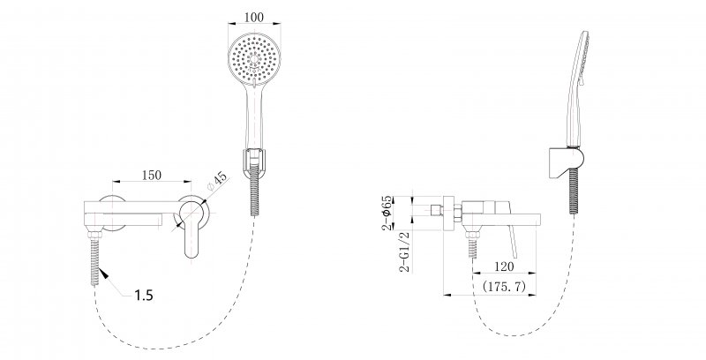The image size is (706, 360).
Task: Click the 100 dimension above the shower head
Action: click(254, 18)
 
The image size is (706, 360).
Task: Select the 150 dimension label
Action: click(151, 175)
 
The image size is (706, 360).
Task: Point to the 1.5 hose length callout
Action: click(144, 296)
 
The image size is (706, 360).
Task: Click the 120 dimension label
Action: click(504, 266)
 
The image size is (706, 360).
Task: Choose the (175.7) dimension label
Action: click(504, 286)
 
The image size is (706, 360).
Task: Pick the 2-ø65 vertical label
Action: click(387, 213)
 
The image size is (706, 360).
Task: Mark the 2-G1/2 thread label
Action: click(406, 251)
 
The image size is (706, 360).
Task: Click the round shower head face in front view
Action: click(254, 59)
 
